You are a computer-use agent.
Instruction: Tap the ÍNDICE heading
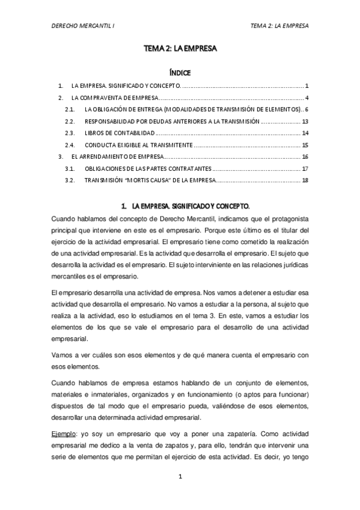click(x=180, y=73)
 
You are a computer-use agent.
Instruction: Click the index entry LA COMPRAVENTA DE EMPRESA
click(x=114, y=97)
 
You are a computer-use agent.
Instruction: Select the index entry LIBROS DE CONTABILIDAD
click(x=120, y=133)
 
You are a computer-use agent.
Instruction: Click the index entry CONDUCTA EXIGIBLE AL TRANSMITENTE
click(x=138, y=145)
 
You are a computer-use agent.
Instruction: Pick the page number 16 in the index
click(x=305, y=156)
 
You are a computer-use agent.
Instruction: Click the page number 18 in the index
click(x=305, y=180)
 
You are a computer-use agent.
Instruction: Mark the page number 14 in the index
click(x=305, y=133)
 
